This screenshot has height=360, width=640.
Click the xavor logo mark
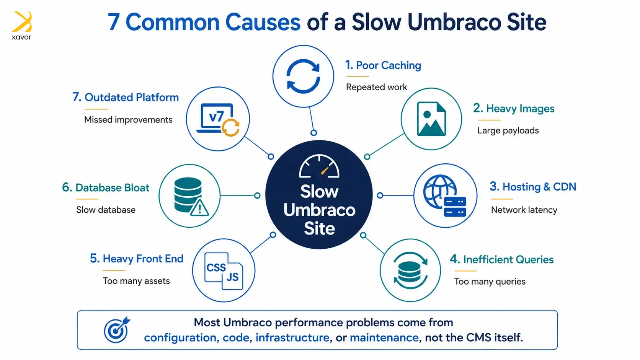[22, 22]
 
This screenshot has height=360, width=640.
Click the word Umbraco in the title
[454, 22]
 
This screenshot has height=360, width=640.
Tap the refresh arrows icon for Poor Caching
[303, 76]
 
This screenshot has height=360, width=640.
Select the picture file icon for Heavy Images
[431, 119]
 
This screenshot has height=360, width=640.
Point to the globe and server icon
[444, 195]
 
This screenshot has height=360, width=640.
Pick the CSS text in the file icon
[216, 267]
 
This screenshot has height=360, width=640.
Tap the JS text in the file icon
[233, 277]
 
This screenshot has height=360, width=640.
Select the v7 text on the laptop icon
[216, 117]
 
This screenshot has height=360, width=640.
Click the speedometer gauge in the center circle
[319, 166]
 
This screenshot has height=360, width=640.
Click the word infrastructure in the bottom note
[292, 337]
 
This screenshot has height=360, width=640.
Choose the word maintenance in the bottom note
[384, 337]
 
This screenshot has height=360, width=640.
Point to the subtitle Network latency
[524, 210]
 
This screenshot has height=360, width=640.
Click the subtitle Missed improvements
[128, 120]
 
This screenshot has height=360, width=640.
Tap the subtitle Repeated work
[376, 87]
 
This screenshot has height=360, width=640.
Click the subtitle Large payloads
[508, 130]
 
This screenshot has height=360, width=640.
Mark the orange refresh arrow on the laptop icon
[230, 128]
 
